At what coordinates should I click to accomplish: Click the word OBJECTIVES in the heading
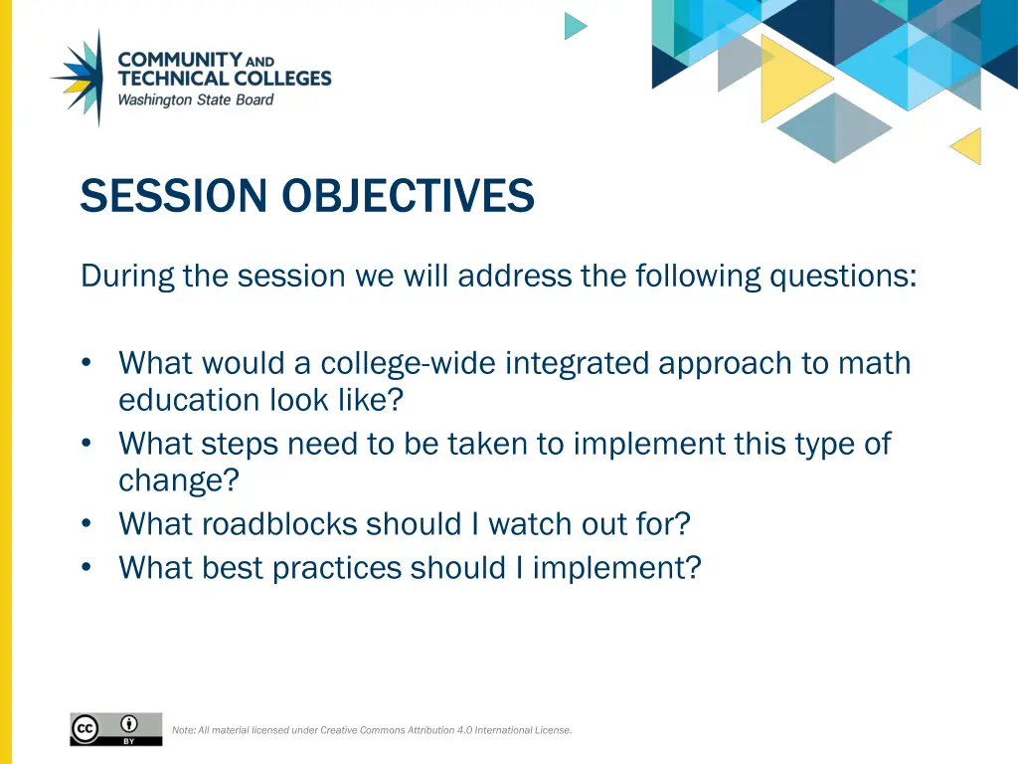pyautogui.click(x=408, y=195)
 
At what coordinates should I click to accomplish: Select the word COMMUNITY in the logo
pyautogui.click(x=180, y=60)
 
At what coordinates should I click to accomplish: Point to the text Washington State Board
pyautogui.click(x=196, y=99)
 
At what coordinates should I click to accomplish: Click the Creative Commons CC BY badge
pyautogui.click(x=115, y=729)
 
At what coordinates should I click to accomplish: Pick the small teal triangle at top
pyautogui.click(x=574, y=26)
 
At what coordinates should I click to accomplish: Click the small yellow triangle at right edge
pyautogui.click(x=968, y=146)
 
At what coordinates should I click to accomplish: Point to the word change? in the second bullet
pyautogui.click(x=179, y=480)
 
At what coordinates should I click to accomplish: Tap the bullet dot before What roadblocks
pyautogui.click(x=88, y=523)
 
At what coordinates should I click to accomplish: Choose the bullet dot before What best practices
pyautogui.click(x=88, y=568)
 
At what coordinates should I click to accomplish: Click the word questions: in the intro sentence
pyautogui.click(x=843, y=275)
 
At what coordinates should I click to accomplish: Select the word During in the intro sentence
pyautogui.click(x=127, y=275)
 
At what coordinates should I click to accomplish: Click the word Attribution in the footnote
pyautogui.click(x=429, y=730)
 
